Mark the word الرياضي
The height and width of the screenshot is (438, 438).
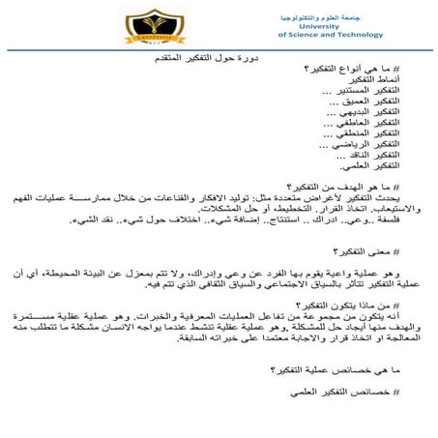(x=345, y=144)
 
